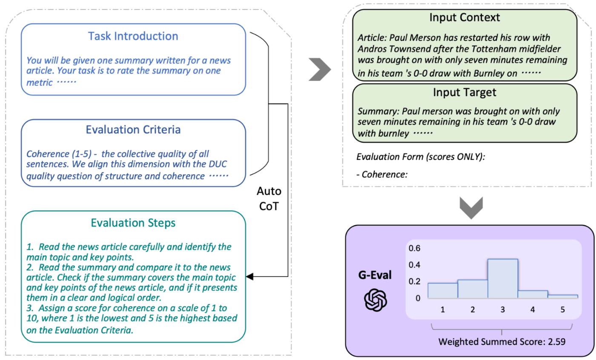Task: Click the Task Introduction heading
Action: pyautogui.click(x=133, y=36)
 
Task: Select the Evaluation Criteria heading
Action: pyautogui.click(x=133, y=130)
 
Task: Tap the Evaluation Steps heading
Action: pyautogui.click(x=133, y=223)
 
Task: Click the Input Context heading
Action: pyautogui.click(x=464, y=17)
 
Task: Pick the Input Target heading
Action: pyautogui.click(x=464, y=92)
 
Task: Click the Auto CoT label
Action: pyautogui.click(x=269, y=199)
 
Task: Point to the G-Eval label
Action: pyautogui.click(x=375, y=275)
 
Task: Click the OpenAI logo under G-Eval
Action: pyautogui.click(x=375, y=300)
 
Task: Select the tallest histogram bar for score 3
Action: pyautogui.click(x=503, y=278)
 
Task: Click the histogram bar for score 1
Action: pyautogui.click(x=443, y=291)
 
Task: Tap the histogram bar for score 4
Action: pyautogui.click(x=533, y=294)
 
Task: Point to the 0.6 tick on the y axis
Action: pyautogui.click(x=414, y=249)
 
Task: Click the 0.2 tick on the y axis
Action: pyautogui.click(x=414, y=281)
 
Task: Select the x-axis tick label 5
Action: pyautogui.click(x=562, y=309)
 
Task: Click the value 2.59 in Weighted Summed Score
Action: pyautogui.click(x=556, y=342)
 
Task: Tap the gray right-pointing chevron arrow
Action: pyautogui.click(x=320, y=69)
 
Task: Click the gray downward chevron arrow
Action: pyautogui.click(x=471, y=208)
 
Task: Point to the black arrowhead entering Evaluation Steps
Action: pyautogui.click(x=249, y=277)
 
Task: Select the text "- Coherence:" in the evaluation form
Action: pyautogui.click(x=382, y=174)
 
